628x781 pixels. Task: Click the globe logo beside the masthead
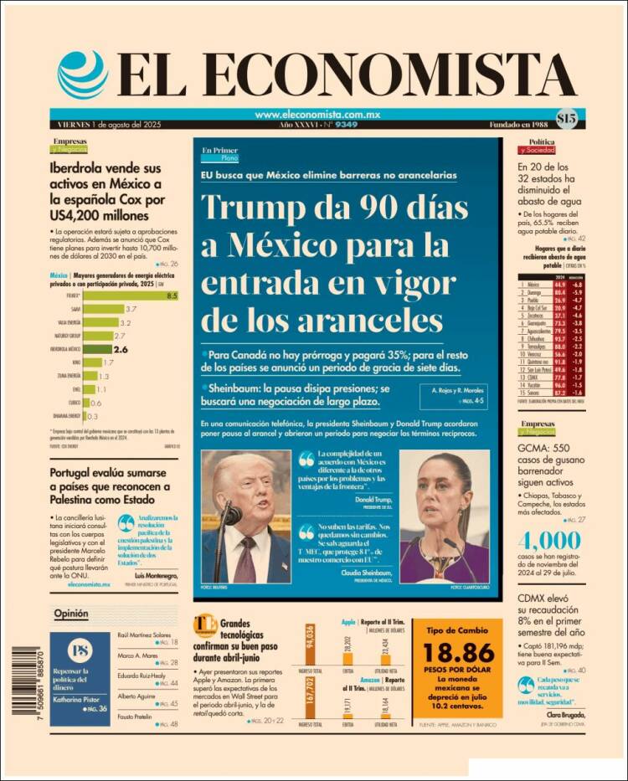(x=83, y=75)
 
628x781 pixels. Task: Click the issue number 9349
(x=347, y=125)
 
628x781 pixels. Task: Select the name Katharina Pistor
(x=77, y=696)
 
